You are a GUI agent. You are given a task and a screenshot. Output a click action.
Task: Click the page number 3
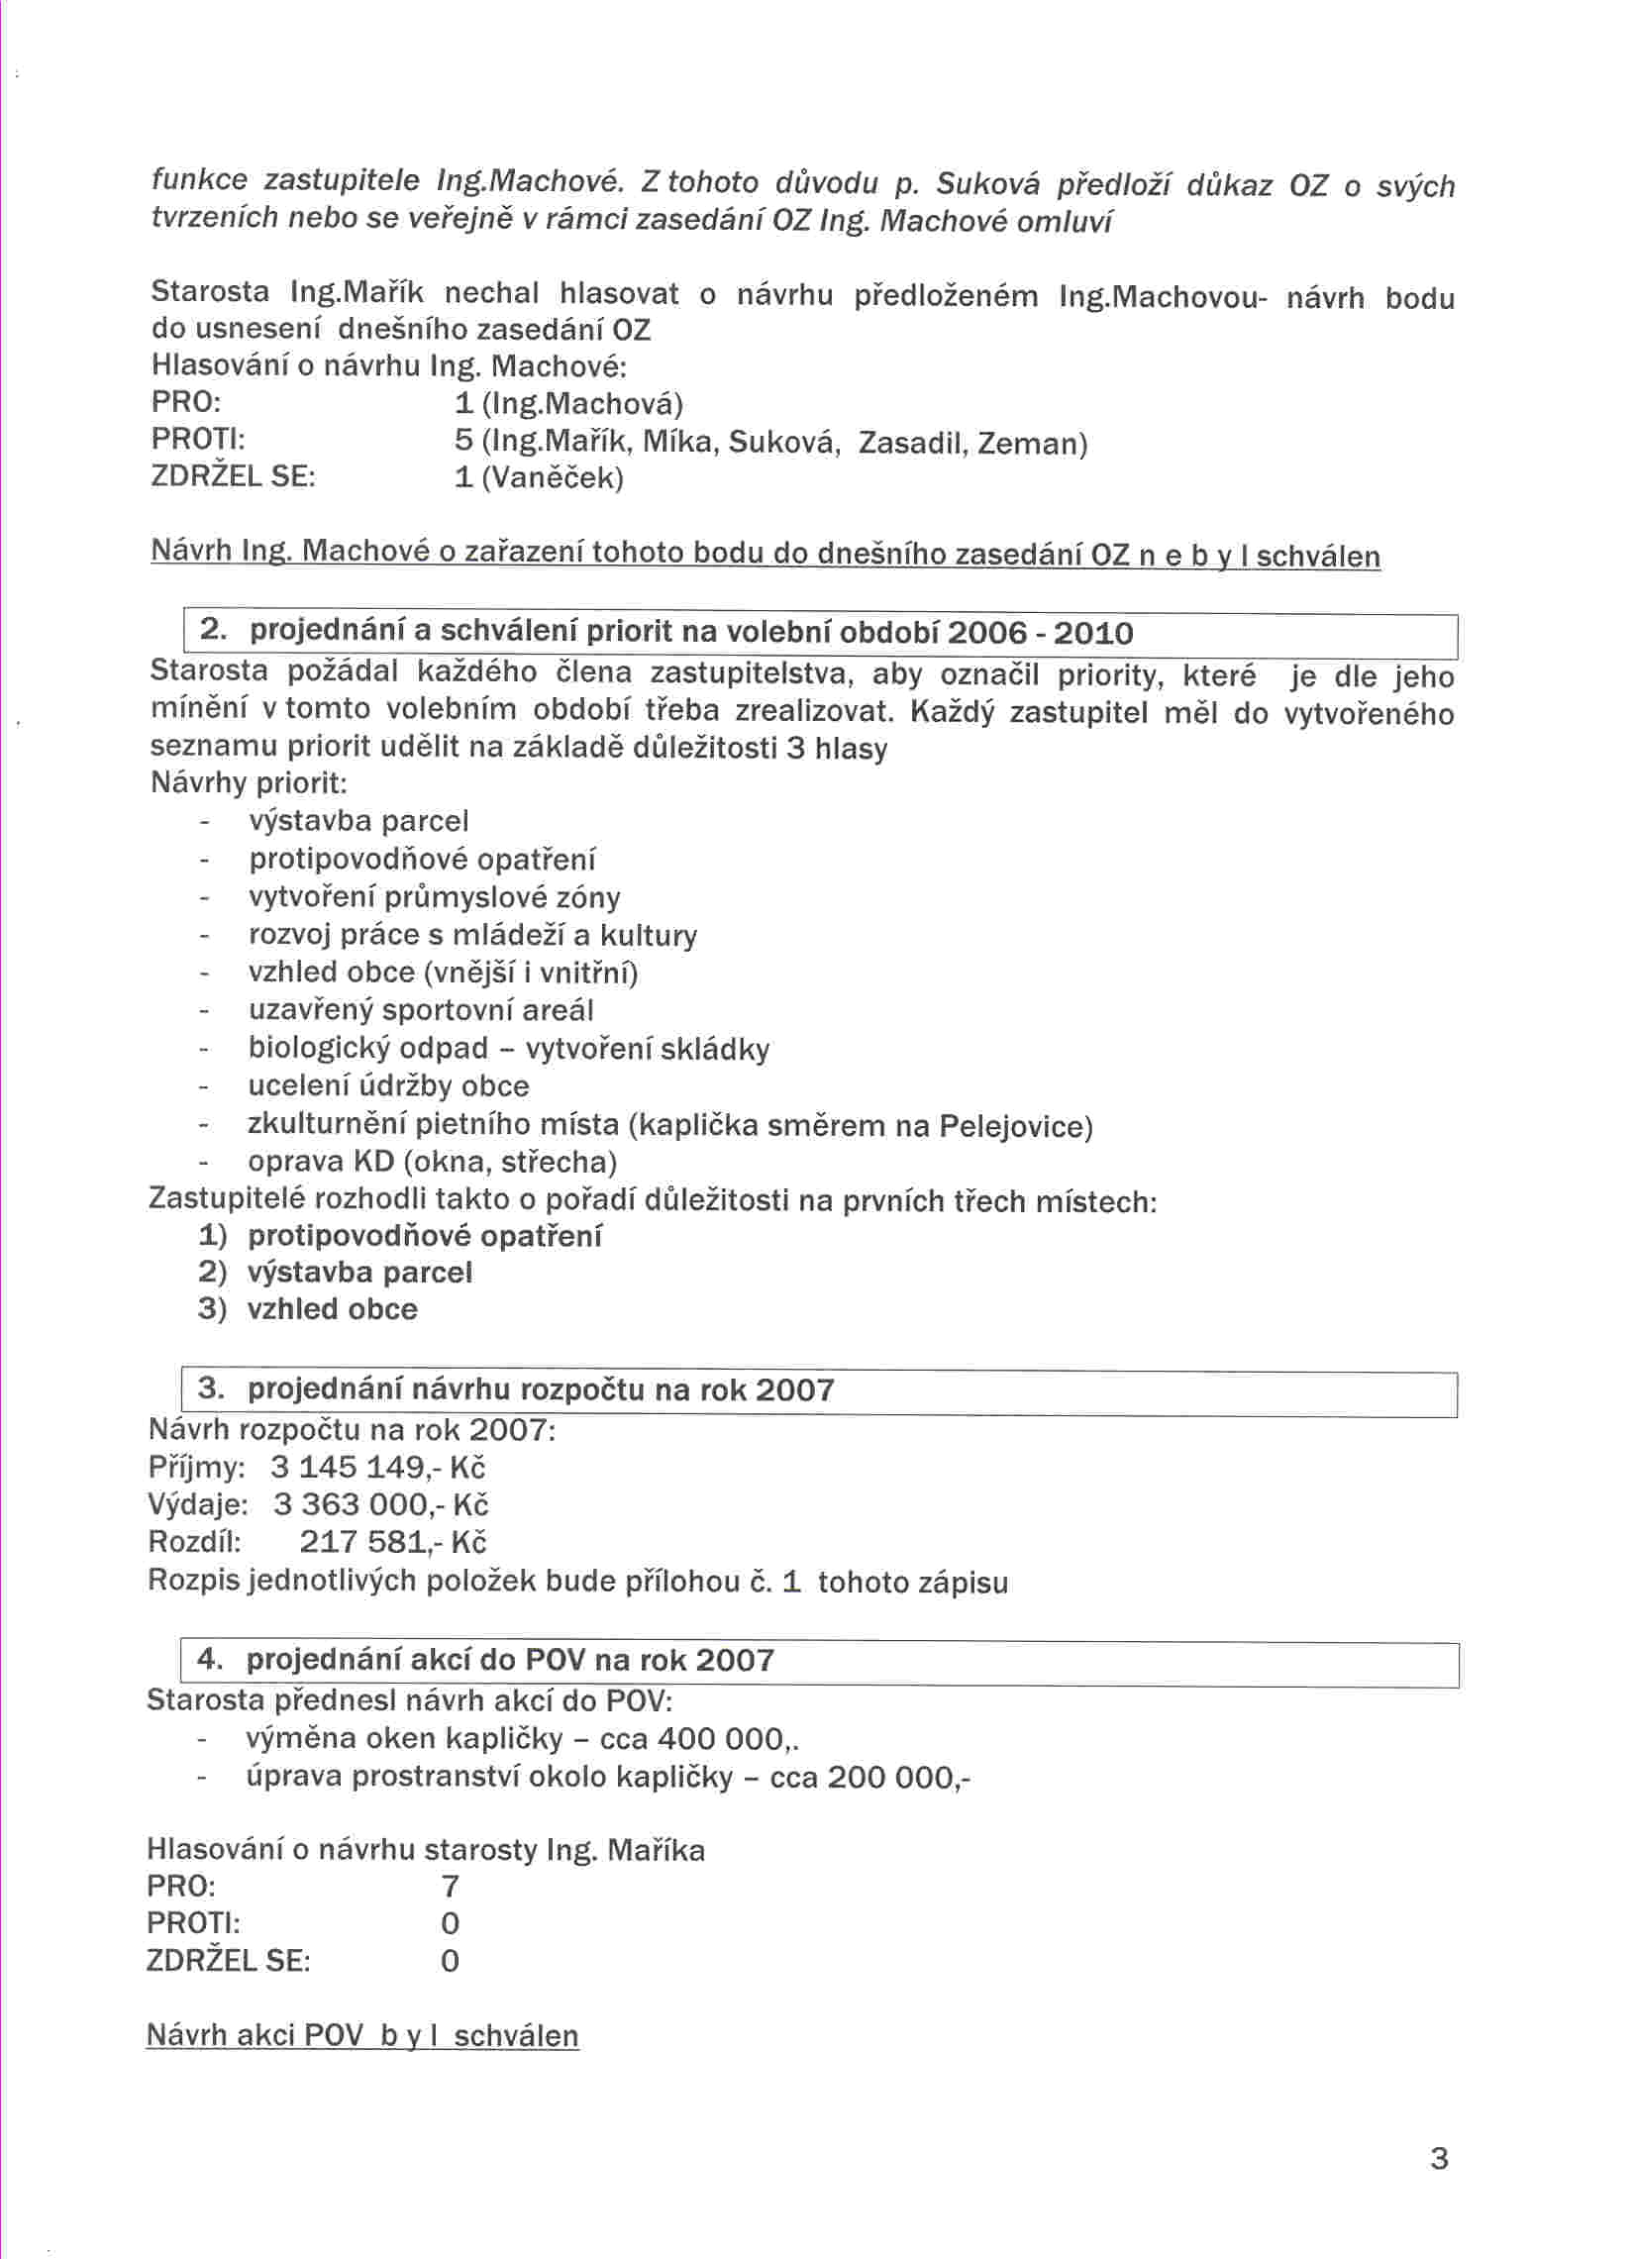(1438, 2158)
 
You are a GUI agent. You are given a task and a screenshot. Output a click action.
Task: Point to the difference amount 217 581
(363, 1542)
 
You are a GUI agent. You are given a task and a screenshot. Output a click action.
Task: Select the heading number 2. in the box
(213, 630)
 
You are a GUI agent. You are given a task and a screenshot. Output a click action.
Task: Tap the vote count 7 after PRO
(450, 1886)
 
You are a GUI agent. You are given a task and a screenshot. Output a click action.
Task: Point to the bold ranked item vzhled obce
(332, 1309)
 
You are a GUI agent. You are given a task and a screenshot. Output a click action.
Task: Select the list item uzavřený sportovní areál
(420, 1010)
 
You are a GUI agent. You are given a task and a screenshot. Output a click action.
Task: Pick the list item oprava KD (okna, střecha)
(432, 1162)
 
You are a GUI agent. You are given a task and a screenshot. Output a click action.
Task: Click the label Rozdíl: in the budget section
(194, 1542)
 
